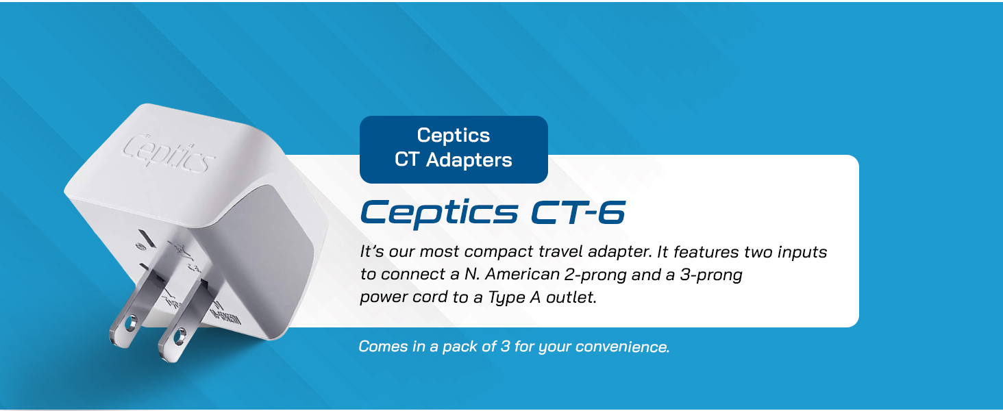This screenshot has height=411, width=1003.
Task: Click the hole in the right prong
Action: [x=180, y=336]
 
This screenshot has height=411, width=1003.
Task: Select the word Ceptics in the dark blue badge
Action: [x=454, y=136]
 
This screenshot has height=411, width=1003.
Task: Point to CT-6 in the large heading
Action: [x=578, y=213]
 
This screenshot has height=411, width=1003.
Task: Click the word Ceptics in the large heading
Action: [x=439, y=213]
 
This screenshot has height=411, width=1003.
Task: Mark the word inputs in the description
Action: [x=803, y=252]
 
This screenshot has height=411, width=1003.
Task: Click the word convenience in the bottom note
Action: [x=621, y=347]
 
